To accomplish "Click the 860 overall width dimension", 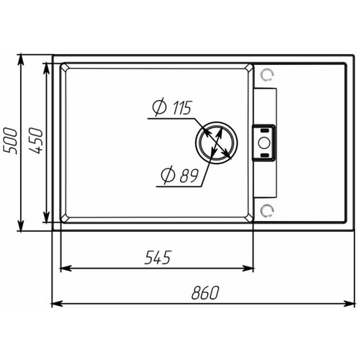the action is tap(205, 292).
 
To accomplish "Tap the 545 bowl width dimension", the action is tap(158, 258).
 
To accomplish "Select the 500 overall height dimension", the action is tap(10, 141).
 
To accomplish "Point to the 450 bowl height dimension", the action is tap(35, 141).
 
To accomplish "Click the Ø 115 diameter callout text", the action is tap(172, 107).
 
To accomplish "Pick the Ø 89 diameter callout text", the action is tap(180, 175).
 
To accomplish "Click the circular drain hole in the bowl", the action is tap(216, 143).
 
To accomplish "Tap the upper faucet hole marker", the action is tap(267, 75).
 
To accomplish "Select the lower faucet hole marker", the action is tap(267, 210).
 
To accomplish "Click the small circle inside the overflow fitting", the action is tap(264, 143).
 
